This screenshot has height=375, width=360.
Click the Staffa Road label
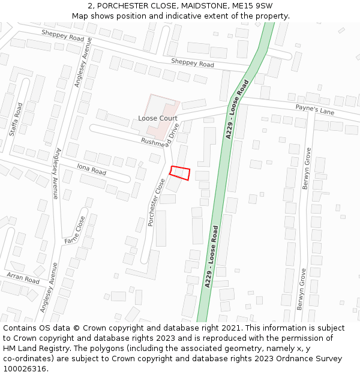tap(19, 119)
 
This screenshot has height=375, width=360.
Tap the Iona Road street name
tap(91, 169)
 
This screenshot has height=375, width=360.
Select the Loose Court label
tap(158, 118)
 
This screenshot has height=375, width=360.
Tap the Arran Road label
tap(23, 277)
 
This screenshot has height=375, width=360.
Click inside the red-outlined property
tap(181, 173)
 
